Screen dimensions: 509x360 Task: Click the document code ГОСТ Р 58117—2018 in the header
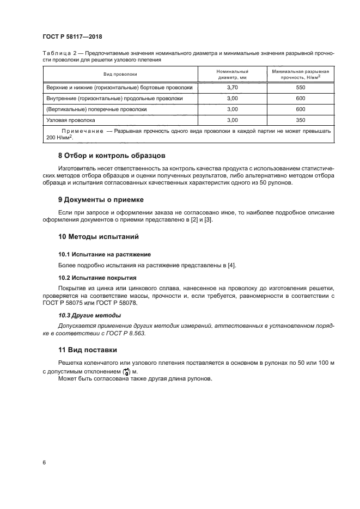[72, 36]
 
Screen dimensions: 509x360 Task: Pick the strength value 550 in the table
[301, 87]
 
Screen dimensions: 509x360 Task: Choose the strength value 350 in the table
[301, 120]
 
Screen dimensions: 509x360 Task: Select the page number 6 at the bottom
[44, 462]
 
